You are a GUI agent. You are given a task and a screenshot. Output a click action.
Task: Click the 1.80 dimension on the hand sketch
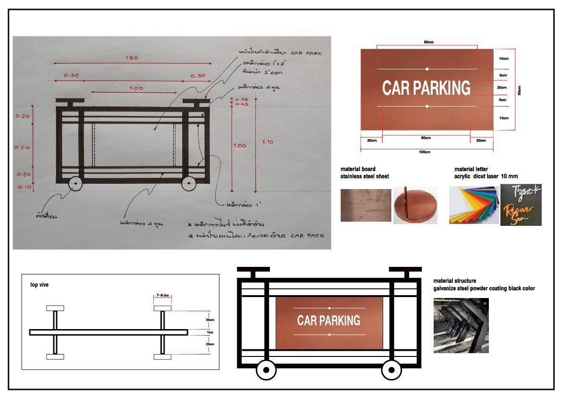[x=132, y=58]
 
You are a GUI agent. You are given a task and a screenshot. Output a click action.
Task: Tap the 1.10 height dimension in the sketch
[x=267, y=142]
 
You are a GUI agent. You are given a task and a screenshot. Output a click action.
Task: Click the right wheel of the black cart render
[x=392, y=370]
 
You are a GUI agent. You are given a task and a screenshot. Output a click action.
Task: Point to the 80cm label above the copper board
[x=428, y=42]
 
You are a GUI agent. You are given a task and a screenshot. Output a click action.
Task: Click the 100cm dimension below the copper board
[x=425, y=152]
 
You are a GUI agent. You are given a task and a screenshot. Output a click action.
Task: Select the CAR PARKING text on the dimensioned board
[x=426, y=88]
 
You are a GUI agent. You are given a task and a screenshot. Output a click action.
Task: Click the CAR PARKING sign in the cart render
[x=329, y=321]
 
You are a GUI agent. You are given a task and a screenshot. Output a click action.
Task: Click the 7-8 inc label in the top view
[x=162, y=296]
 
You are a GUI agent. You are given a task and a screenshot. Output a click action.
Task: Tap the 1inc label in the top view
[x=210, y=332]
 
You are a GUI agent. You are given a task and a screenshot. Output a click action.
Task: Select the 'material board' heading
[x=358, y=169]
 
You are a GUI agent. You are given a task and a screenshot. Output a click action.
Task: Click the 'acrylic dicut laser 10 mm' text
[x=482, y=176]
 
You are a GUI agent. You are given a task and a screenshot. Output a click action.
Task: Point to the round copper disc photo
[x=415, y=206]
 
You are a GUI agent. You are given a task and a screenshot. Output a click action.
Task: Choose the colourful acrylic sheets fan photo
[x=473, y=206]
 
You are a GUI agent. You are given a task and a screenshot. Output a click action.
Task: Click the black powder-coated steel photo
[x=461, y=325]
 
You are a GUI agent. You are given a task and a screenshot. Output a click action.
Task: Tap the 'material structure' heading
[x=454, y=281]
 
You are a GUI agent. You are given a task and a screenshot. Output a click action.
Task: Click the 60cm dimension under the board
[x=426, y=138]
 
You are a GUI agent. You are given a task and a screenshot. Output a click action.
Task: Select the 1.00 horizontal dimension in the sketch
[x=136, y=88]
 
